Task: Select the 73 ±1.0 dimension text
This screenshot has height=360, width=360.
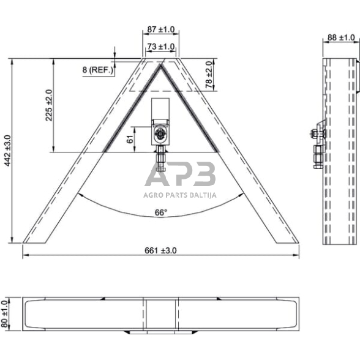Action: coord(160,47)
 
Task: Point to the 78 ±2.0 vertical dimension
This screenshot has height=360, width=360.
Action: coord(209,74)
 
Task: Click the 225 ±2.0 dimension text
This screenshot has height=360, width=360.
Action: coord(48,105)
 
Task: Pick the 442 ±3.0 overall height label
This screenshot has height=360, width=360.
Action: coord(7,151)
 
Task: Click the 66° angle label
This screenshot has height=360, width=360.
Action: coord(160,212)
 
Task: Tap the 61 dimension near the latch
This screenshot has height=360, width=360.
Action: coord(129,139)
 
